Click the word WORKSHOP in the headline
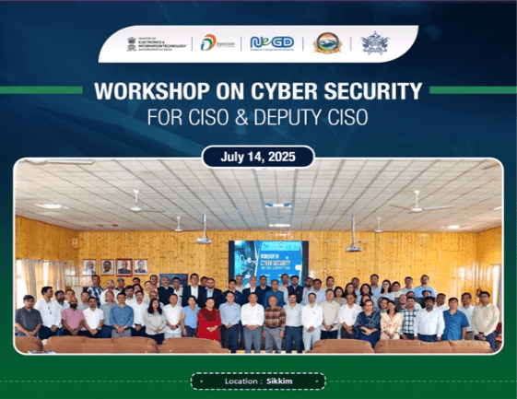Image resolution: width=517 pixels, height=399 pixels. click(x=138, y=94)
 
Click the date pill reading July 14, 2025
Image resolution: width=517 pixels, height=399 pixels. click(x=258, y=157)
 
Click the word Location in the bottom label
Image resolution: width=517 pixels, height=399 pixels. click(x=242, y=380)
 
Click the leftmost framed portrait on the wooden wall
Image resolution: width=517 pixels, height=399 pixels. click(x=89, y=266)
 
